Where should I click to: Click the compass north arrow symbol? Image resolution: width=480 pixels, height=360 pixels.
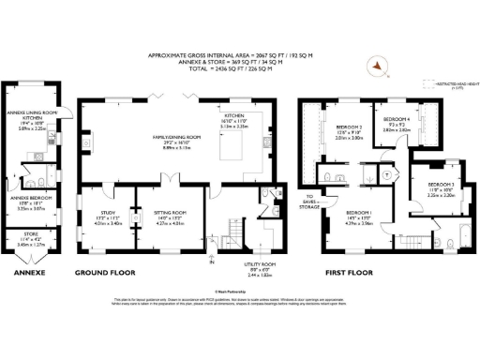pos(378,66)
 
